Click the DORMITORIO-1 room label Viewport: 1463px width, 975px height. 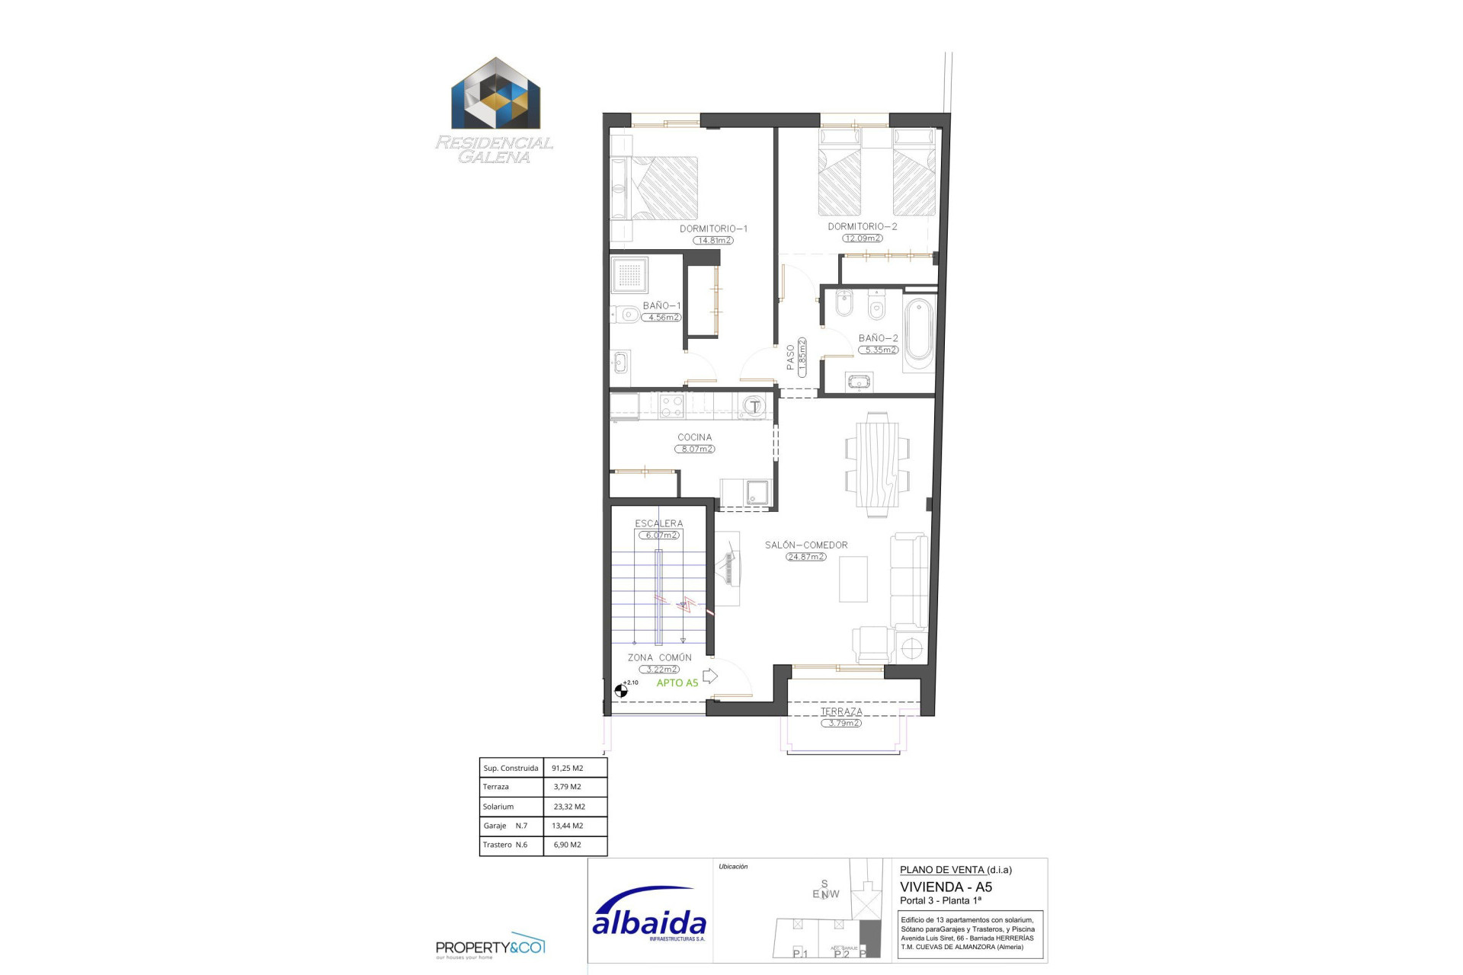(713, 229)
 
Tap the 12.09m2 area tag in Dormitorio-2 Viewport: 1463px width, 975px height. (863, 238)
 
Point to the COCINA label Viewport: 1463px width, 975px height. (694, 437)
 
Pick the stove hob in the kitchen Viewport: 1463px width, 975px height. (671, 405)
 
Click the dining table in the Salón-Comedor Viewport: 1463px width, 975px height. (876, 465)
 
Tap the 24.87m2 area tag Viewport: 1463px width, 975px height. (806, 557)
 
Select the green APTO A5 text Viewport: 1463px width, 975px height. (677, 682)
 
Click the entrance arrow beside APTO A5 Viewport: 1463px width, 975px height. (709, 676)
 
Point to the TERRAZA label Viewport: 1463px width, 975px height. (841, 711)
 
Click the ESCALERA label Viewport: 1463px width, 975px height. (659, 523)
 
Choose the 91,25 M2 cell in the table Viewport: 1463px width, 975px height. (568, 768)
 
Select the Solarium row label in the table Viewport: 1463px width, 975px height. (498, 807)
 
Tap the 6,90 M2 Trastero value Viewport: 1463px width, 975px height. (568, 845)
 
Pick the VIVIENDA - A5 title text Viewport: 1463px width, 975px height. (946, 887)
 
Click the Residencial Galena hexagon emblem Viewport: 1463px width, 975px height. (495, 94)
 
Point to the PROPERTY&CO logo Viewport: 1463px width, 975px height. (490, 947)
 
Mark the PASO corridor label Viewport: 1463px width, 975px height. (791, 357)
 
